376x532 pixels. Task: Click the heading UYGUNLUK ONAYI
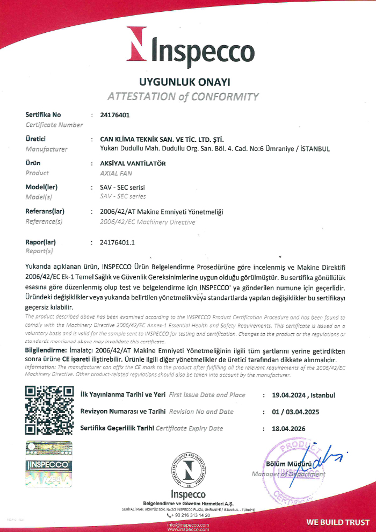(184, 82)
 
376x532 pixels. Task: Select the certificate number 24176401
(114, 114)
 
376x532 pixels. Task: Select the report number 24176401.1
(117, 242)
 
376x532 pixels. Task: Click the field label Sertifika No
(44, 114)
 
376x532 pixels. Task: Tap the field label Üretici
(35, 139)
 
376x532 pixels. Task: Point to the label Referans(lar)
(45, 212)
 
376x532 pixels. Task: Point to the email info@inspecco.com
(187, 524)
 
